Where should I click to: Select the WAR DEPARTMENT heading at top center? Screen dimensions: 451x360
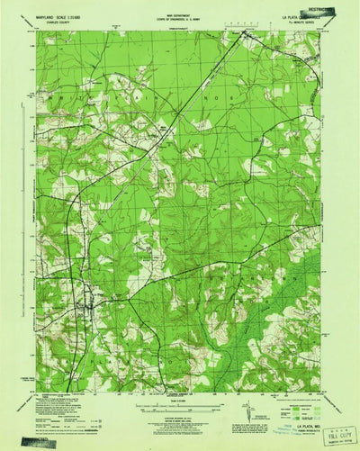[180, 11]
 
